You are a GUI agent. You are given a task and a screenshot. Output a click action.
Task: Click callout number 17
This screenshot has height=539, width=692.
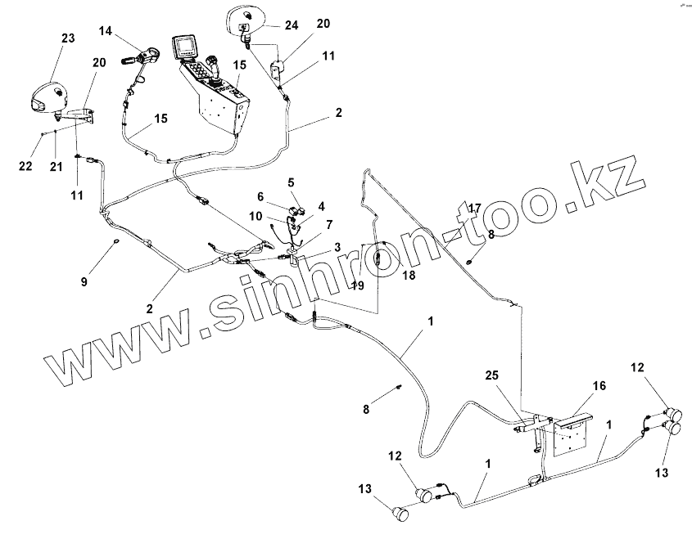click(474, 209)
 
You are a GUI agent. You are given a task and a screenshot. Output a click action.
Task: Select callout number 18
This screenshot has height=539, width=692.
click(409, 276)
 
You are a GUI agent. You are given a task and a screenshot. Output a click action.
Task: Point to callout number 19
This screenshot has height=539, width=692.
click(358, 285)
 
